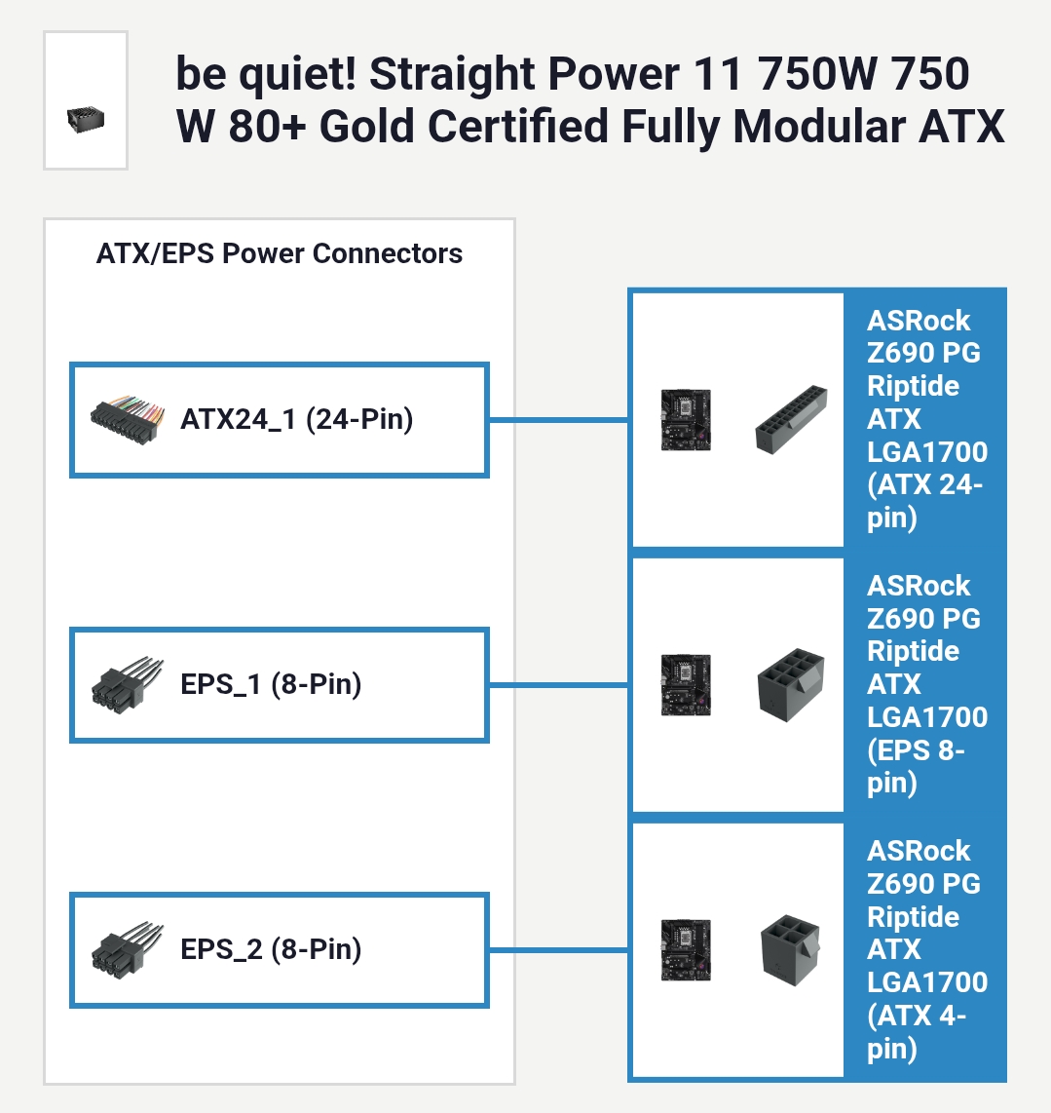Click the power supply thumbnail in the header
click(x=86, y=121)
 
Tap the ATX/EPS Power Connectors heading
click(x=280, y=254)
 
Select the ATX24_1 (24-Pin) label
click(x=297, y=420)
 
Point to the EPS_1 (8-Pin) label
click(x=271, y=684)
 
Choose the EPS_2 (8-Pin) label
click(x=271, y=948)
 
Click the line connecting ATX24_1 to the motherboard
click(x=558, y=420)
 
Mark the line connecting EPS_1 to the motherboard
click(x=558, y=684)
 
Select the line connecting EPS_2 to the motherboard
click(x=558, y=948)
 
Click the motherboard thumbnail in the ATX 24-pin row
click(x=685, y=420)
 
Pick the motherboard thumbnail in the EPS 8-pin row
click(x=685, y=684)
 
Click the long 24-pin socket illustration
click(x=791, y=420)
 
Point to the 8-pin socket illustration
click(x=791, y=684)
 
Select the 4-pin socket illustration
click(x=790, y=948)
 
